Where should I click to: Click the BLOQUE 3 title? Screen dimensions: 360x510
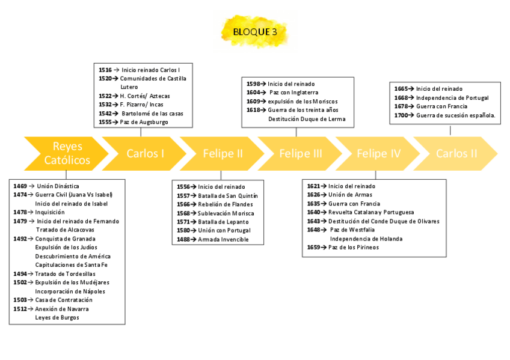254,32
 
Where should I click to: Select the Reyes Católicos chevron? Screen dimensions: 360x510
67,154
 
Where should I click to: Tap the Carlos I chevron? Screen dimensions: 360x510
145,154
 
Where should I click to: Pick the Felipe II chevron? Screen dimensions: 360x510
223,154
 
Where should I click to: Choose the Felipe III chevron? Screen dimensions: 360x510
301,154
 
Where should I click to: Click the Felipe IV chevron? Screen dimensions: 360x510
378,154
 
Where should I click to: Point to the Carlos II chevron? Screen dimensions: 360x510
456,154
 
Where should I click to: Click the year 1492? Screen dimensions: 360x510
20,239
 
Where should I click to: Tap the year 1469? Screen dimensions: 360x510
20,186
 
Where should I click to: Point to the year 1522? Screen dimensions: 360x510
105,96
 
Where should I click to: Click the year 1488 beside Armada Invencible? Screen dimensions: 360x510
184,239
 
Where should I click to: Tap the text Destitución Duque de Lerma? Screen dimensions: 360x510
307,119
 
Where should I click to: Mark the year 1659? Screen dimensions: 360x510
313,247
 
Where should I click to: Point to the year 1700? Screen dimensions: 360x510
401,115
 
